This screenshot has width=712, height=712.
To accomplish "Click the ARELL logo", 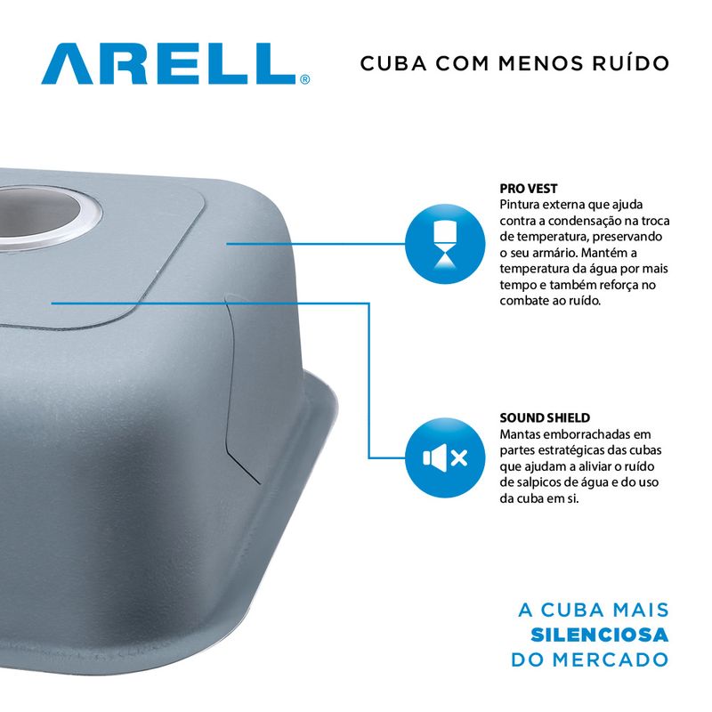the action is coord(175,63).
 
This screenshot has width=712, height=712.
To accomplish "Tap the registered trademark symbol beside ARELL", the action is coord(305,79).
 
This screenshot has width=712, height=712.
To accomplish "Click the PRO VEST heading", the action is coord(529,189).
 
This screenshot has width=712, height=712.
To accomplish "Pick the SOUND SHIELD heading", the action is coord(545,417).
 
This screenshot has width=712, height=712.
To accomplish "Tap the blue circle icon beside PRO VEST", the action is coord(445,244).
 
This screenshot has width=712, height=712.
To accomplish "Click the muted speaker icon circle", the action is coord(445,457).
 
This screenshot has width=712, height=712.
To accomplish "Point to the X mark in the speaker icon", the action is coord(459,457).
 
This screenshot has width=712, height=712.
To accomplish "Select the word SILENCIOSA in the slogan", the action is coord(599,635).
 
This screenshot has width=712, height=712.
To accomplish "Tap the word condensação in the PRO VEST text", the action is coord(580,221).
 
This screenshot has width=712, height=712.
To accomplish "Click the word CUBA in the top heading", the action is coord(393,63).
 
